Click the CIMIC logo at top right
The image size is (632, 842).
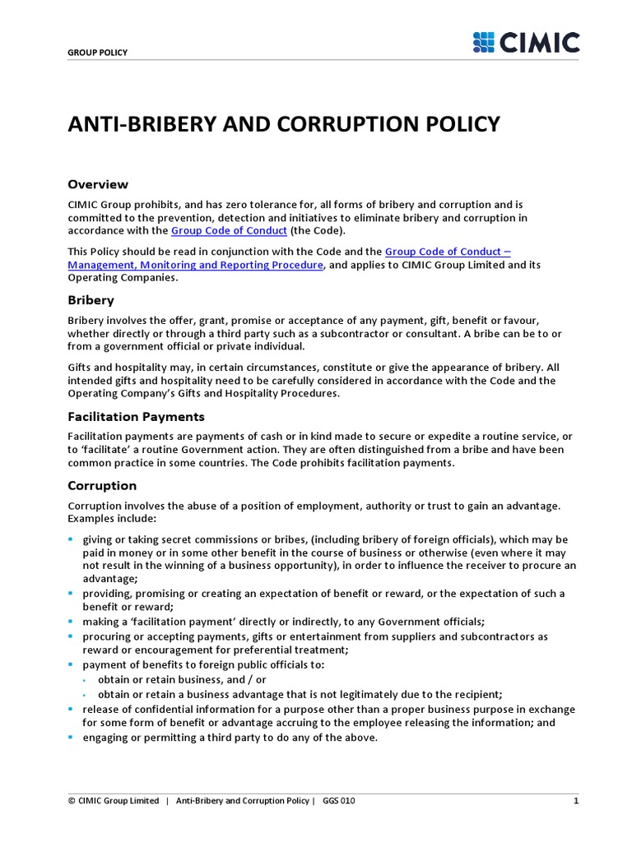click(526, 42)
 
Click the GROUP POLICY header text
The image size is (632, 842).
click(97, 53)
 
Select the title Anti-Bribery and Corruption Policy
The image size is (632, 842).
click(283, 124)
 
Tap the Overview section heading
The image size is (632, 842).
click(97, 184)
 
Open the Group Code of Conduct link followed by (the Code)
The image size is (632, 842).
click(229, 231)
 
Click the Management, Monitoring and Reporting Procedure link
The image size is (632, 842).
click(196, 265)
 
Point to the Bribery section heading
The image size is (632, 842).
click(91, 300)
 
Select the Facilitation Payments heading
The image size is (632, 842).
click(136, 417)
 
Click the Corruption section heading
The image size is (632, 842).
click(102, 485)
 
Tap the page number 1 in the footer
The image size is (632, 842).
click(576, 801)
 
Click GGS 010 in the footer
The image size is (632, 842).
click(339, 801)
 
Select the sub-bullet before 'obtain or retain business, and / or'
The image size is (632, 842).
click(86, 679)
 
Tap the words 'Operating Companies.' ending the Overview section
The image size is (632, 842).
click(122, 278)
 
